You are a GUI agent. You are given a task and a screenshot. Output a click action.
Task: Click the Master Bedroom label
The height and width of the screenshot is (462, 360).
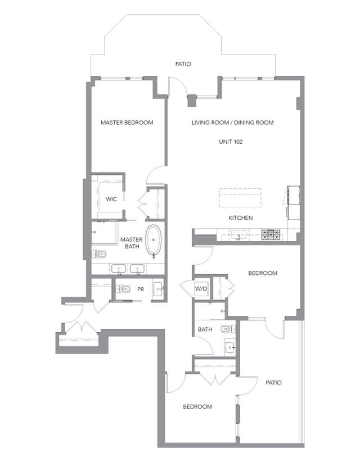pyautogui.click(x=127, y=123)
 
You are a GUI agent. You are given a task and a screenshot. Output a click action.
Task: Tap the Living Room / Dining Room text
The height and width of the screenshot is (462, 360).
pyautogui.click(x=233, y=123)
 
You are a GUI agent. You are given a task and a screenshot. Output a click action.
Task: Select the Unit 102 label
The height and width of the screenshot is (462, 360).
pyautogui.click(x=231, y=142)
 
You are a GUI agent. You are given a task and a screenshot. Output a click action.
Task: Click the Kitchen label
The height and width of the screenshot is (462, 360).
pyautogui.click(x=241, y=218)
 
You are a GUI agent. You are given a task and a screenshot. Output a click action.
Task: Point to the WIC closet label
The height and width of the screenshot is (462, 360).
pyautogui.click(x=111, y=199)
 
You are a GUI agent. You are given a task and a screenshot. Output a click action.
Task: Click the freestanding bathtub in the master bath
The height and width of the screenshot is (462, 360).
pyautogui.click(x=154, y=241)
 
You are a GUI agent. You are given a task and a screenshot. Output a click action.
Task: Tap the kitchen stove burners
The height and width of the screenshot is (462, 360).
pyautogui.click(x=271, y=235)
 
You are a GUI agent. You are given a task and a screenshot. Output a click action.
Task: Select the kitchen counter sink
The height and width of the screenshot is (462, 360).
pyautogui.click(x=239, y=235)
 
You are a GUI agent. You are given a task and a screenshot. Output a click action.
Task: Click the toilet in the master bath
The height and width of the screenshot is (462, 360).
pyautogui.click(x=99, y=253)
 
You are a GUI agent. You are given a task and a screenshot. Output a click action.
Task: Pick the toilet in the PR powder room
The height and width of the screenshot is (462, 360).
pyautogui.click(x=123, y=289)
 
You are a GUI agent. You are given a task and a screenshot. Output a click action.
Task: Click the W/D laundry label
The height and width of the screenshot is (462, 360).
pyautogui.click(x=201, y=289)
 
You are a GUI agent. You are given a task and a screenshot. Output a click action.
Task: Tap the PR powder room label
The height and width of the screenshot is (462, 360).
pyautogui.click(x=141, y=289)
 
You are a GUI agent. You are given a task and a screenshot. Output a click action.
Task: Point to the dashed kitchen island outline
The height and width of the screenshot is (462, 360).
pyautogui.click(x=240, y=198)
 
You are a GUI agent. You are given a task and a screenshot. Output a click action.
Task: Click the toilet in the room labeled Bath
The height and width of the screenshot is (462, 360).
pyautogui.click(x=228, y=329)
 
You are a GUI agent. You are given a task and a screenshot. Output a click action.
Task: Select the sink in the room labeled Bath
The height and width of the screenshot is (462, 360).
pyautogui.click(x=230, y=348)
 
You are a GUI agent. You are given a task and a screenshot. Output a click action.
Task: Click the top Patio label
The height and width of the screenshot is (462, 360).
pyautogui.click(x=183, y=64)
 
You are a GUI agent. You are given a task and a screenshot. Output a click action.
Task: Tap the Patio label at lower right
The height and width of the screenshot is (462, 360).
pyautogui.click(x=273, y=382)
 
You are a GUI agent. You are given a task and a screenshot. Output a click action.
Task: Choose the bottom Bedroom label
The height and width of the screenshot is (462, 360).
pyautogui.click(x=197, y=406)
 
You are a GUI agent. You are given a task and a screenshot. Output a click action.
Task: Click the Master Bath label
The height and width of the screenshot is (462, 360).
pyautogui.click(x=132, y=243)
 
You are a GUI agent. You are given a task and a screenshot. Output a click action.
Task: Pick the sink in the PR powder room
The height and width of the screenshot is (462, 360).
pyautogui.click(x=158, y=289)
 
